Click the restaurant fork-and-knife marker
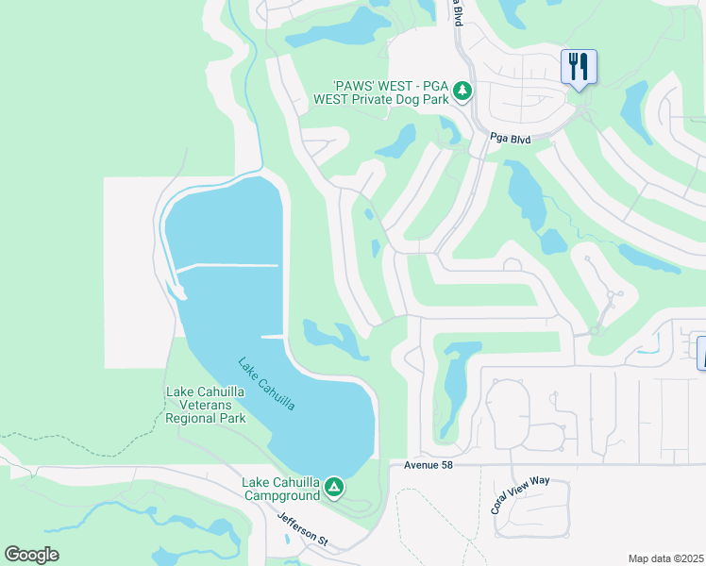point(579,67)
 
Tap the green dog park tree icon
point(462,91)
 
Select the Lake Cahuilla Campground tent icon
point(333,487)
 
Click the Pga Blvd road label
point(510,140)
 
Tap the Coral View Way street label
point(519,494)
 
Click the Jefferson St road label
point(302,529)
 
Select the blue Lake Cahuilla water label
point(266,383)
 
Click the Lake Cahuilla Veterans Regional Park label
point(206,406)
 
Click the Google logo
point(31,555)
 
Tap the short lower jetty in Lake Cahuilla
point(271,336)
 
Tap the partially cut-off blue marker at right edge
point(701,353)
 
